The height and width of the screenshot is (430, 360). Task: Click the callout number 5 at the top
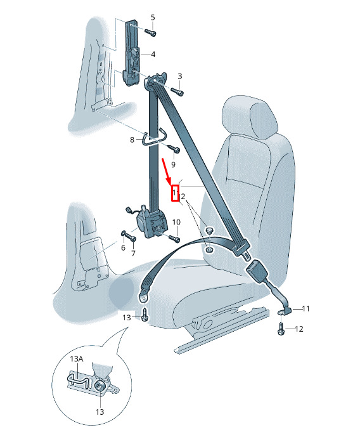tap(153, 18)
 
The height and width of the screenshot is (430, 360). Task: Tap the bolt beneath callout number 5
tap(150, 32)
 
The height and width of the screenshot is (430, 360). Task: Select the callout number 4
tap(153, 55)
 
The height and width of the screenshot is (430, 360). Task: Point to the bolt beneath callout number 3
tap(177, 91)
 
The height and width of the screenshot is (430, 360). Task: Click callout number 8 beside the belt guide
tap(132, 140)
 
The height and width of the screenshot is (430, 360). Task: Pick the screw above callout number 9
tap(173, 149)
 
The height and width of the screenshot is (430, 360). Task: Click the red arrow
tap(167, 171)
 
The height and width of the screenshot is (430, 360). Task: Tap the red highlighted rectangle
tap(176, 193)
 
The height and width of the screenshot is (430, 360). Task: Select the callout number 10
tap(176, 222)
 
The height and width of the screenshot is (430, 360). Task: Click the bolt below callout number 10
tap(174, 238)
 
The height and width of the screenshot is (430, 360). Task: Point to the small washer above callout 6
tap(123, 233)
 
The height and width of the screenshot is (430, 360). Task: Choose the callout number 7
tap(134, 254)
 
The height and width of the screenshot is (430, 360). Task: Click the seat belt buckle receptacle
tap(257, 270)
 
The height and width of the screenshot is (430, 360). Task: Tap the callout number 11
tap(305, 309)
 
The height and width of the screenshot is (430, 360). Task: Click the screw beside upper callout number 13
tap(145, 315)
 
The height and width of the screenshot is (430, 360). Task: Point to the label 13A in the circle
tap(77, 359)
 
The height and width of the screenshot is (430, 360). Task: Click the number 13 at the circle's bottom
tap(100, 412)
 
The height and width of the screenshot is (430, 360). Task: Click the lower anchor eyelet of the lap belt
tap(143, 297)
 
